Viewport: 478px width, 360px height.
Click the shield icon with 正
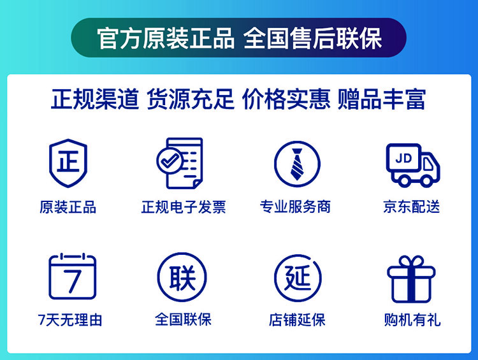(x=68, y=163)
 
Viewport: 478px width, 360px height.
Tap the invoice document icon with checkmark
(x=180, y=163)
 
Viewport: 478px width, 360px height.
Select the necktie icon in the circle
(x=297, y=164)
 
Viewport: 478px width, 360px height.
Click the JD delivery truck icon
(x=413, y=165)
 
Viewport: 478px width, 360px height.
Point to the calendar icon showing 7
(x=72, y=276)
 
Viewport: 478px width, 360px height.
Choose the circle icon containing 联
(x=182, y=277)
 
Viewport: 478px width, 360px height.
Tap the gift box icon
(x=411, y=279)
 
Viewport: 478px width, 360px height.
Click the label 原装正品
(x=68, y=207)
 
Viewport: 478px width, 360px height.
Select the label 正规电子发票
(x=184, y=207)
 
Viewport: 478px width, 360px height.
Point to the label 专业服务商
(x=295, y=206)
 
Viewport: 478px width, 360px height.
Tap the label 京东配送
(x=412, y=206)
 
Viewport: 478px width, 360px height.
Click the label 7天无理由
(x=70, y=320)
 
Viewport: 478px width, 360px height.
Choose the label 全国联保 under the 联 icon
(x=183, y=320)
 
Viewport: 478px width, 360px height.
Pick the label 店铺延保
(x=297, y=320)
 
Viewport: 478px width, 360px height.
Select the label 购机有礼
(x=412, y=320)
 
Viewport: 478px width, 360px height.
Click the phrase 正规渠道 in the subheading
(x=95, y=99)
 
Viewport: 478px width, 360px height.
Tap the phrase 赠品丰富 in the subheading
(x=382, y=99)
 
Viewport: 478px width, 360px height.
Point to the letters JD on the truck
(x=403, y=158)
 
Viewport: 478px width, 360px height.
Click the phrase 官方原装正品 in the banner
(x=166, y=38)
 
